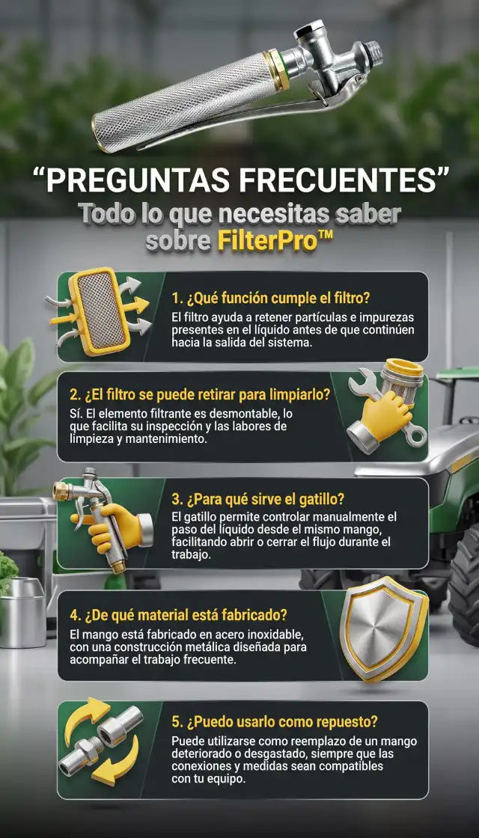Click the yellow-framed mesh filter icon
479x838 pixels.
point(100,311)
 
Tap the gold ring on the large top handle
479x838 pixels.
point(276,70)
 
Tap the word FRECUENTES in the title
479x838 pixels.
point(340,180)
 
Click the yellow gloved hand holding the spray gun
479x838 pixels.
point(109,525)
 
